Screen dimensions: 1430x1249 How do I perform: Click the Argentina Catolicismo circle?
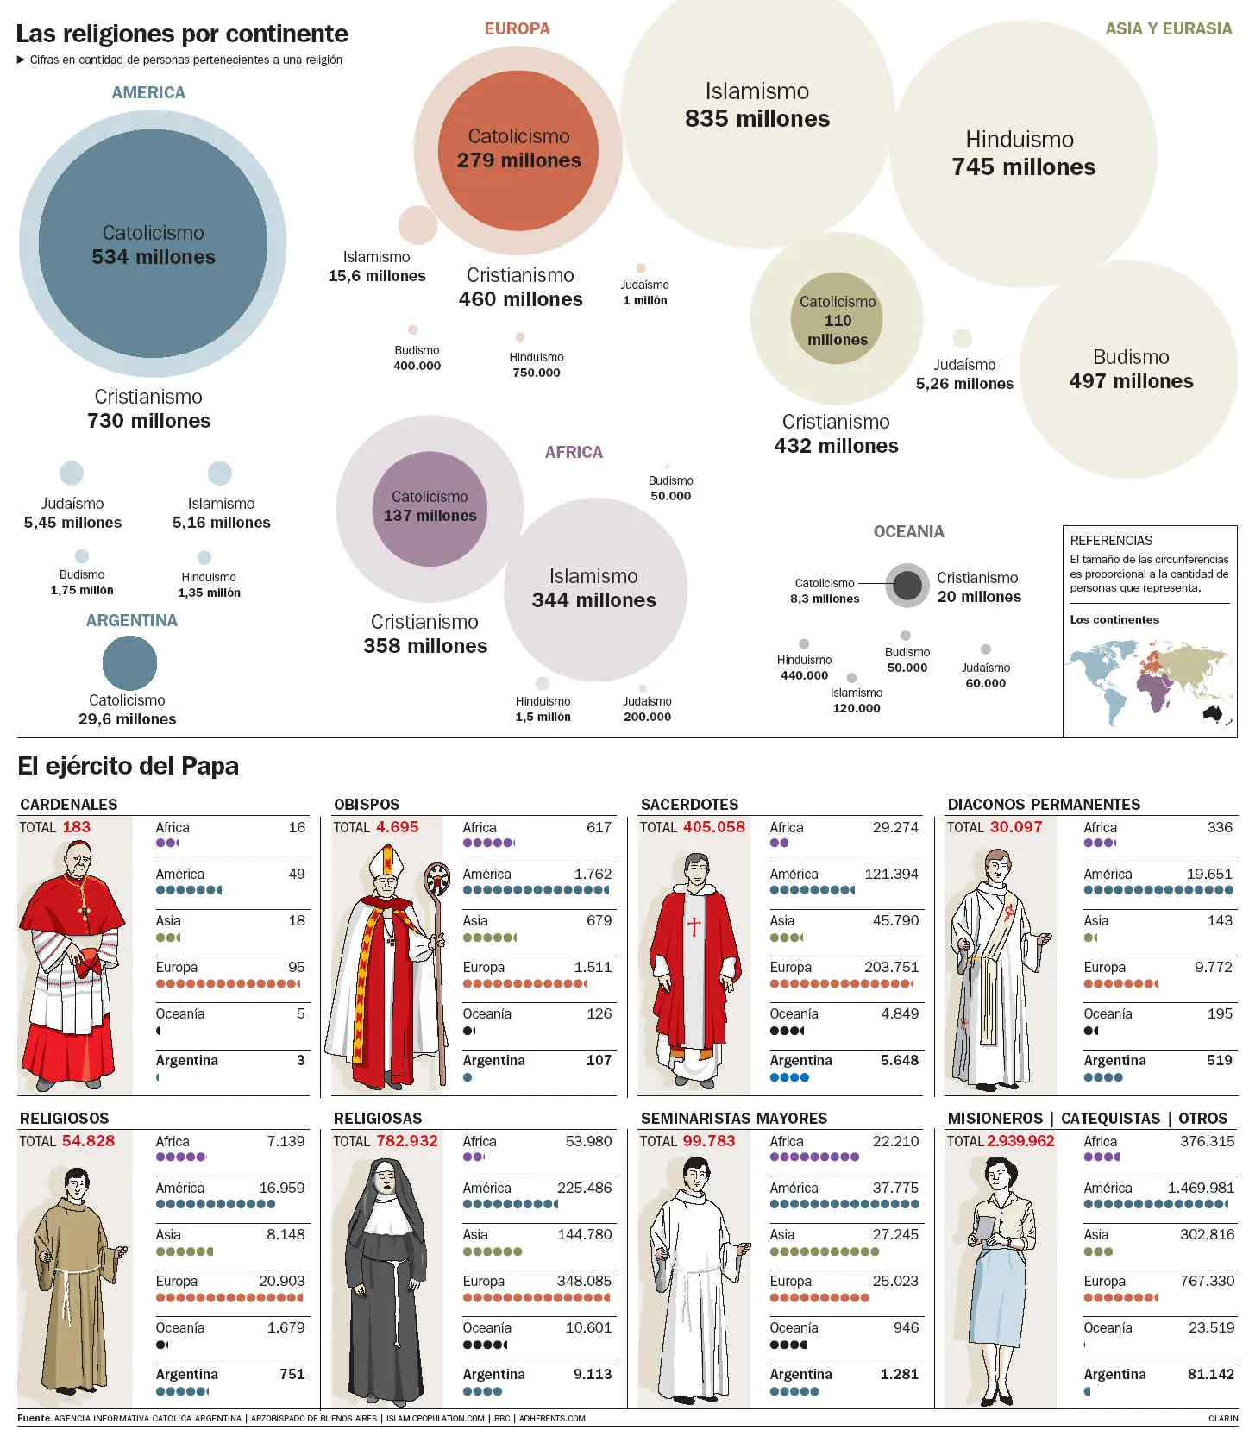(129, 662)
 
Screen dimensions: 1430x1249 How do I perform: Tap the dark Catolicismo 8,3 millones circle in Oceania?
(907, 586)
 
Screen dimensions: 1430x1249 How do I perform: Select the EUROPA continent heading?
(517, 28)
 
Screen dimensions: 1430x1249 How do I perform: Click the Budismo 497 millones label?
(1131, 370)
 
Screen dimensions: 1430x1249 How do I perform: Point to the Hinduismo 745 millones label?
(1022, 154)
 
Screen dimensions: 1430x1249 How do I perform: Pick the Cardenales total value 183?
(76, 827)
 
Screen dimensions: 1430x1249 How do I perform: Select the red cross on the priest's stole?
(694, 926)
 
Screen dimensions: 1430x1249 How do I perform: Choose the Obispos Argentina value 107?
(599, 1061)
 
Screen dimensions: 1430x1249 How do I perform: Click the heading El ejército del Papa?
(128, 766)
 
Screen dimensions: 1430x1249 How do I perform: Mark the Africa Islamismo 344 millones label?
(593, 589)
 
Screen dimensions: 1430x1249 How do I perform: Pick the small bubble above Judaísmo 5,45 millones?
(72, 473)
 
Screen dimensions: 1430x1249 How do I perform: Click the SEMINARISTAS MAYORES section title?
(733, 1119)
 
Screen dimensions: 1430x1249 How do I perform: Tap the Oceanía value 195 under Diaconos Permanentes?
(1219, 1014)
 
